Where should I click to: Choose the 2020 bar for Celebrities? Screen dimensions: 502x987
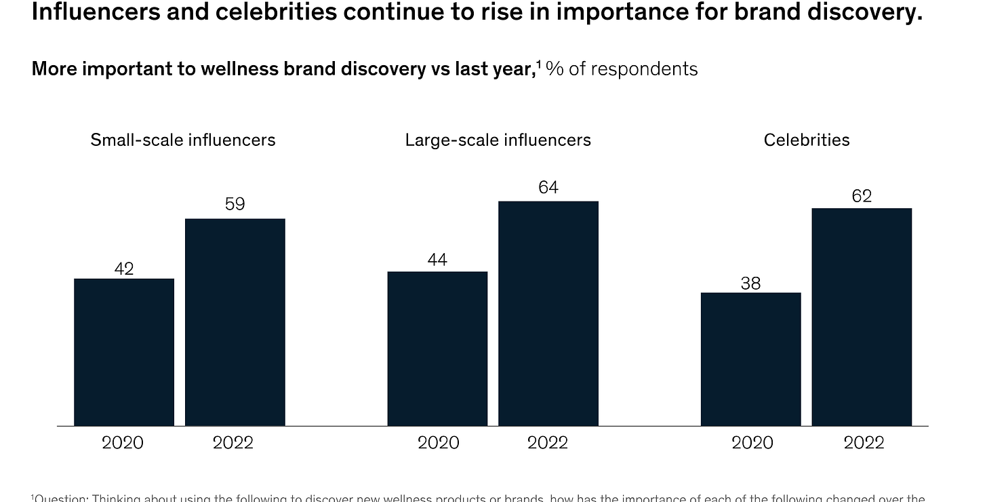click(750, 359)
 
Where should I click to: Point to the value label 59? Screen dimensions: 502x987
click(235, 204)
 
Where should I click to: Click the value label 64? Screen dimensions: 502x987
click(548, 187)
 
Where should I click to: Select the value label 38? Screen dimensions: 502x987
click(750, 283)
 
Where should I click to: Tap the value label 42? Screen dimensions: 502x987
click(124, 269)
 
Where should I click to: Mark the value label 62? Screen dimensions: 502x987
click(862, 196)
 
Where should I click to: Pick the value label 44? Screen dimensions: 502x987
click(437, 260)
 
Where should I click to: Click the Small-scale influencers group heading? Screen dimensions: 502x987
click(183, 140)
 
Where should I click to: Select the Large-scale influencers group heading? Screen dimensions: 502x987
click(498, 140)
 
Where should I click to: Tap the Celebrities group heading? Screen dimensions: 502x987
click(807, 140)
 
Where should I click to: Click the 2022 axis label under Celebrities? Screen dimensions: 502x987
click(864, 443)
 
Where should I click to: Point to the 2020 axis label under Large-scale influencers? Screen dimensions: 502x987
click(438, 443)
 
